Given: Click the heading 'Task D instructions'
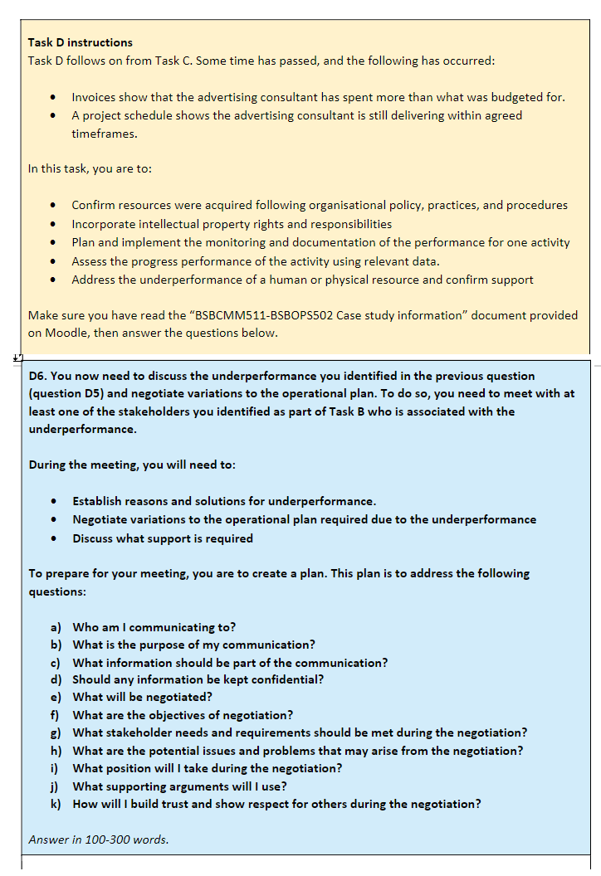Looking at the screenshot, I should [x=80, y=42].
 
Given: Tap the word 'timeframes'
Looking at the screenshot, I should [x=104, y=133].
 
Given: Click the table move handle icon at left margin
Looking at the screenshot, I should [x=17, y=358].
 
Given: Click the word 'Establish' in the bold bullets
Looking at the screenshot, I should [x=99, y=501].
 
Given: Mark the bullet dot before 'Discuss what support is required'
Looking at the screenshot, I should [x=54, y=538].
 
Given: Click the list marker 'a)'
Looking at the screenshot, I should [x=56, y=627].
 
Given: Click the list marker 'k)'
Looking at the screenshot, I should [x=56, y=804].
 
